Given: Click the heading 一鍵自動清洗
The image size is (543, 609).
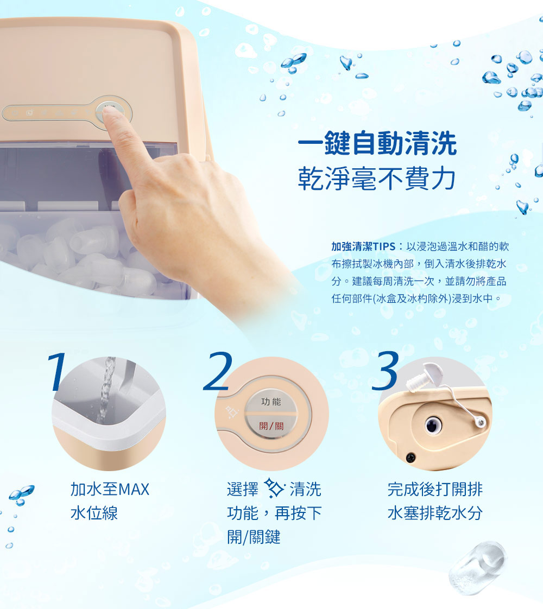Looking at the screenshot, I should click(x=377, y=145).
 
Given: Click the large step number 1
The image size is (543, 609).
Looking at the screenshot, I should click(x=57, y=372).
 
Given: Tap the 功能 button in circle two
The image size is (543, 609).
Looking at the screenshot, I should click(x=271, y=402).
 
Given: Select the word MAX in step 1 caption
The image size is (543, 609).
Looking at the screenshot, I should click(x=134, y=489).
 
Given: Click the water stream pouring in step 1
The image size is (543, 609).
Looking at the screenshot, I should click(x=105, y=391).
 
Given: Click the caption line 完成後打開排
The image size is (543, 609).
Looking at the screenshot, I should click(x=434, y=489).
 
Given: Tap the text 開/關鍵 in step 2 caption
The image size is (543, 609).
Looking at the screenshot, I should click(x=254, y=537).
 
